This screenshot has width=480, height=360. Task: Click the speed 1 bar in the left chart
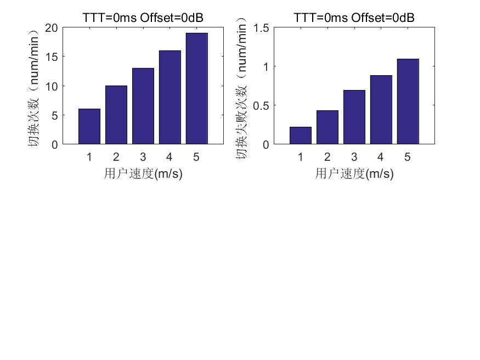pos(89,127)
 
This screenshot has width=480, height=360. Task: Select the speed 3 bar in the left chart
pos(143,106)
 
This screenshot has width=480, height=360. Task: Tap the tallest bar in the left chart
pos(196,89)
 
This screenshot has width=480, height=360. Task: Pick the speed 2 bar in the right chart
pos(327,127)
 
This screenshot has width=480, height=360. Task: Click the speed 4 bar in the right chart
pos(381,110)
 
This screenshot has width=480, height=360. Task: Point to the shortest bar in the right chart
pos(301,136)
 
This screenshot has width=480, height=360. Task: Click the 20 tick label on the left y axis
pos(52,28)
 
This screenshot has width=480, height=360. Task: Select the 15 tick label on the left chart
pos(52,57)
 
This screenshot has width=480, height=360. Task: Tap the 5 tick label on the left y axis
pos(54,116)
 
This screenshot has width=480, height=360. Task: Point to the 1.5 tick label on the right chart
pos(261,28)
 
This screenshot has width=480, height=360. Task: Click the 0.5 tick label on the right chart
pos(261,105)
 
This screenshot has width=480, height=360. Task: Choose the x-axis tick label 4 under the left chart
pos(170,157)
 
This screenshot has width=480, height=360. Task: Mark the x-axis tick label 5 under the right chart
pos(408,157)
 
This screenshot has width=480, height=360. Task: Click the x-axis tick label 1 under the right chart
pos(301,157)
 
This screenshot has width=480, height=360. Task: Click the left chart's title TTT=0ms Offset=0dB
pos(143,18)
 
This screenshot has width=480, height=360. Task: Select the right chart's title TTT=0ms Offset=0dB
pos(354,18)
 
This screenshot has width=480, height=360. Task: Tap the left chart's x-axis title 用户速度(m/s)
pos(143,174)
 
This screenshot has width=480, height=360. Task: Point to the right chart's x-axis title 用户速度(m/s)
pos(354,174)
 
